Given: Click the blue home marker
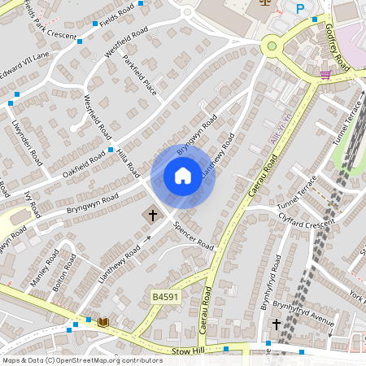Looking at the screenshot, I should click(x=182, y=176).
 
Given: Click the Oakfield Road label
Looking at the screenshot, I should click(x=81, y=159).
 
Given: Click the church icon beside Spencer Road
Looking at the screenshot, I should click(x=151, y=216).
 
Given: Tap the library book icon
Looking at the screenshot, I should click(x=102, y=323).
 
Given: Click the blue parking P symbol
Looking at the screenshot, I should click(x=300, y=9).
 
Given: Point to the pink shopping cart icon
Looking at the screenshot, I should click(x=325, y=75).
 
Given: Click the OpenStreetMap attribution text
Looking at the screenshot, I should click(x=82, y=360).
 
